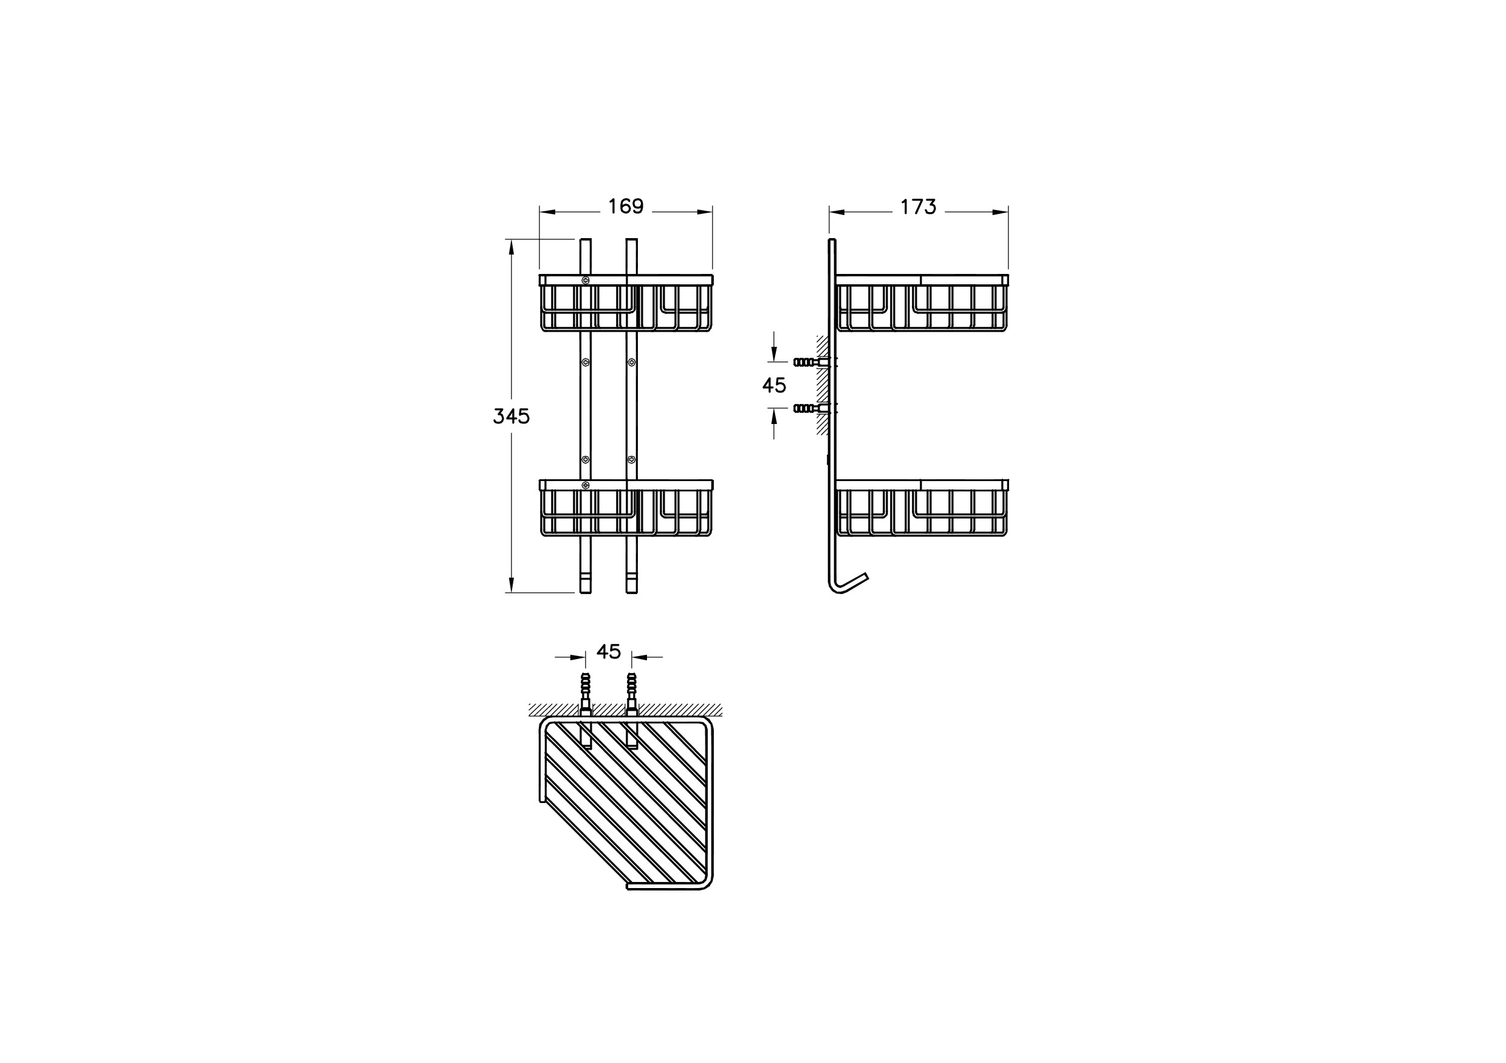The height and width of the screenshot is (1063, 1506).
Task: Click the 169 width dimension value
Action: tap(626, 207)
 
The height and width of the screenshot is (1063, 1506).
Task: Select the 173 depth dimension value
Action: tap(918, 207)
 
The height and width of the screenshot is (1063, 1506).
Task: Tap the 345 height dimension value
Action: tap(512, 417)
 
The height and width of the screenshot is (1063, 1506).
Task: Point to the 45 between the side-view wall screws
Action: tap(774, 386)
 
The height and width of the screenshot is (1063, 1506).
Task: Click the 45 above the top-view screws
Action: tap(609, 652)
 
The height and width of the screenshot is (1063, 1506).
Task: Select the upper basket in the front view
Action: tap(626, 303)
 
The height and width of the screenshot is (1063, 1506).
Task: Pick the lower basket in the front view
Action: tap(626, 508)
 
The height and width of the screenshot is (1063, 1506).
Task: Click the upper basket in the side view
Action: tap(922, 303)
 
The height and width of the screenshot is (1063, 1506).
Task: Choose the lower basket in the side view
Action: tap(922, 508)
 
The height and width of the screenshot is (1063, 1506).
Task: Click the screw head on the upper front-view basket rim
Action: tap(585, 280)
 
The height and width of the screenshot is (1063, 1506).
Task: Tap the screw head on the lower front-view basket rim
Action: tap(585, 485)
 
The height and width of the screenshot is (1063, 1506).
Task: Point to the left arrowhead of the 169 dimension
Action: tap(547, 212)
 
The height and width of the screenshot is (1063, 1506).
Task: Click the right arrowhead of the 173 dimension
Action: tap(1001, 212)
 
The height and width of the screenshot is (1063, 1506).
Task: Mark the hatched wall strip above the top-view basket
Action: tap(626, 710)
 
